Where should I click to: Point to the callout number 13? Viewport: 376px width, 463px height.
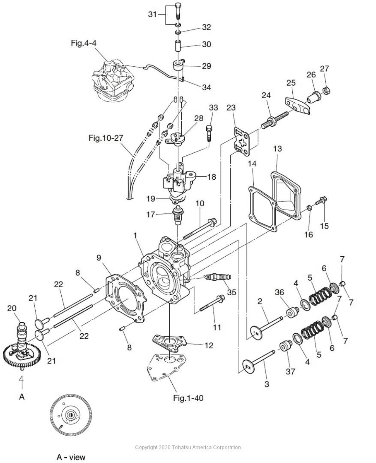pos(278,149)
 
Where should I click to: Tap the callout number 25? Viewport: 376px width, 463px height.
pos(291,83)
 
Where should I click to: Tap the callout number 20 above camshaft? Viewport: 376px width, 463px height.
pos(12,308)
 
